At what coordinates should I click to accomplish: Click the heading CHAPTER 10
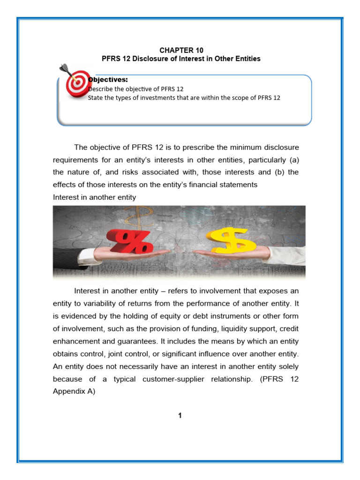click(x=181, y=50)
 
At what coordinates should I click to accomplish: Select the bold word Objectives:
click(x=108, y=80)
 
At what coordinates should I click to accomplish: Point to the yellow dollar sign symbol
click(x=232, y=239)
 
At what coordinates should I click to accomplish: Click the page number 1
click(x=180, y=415)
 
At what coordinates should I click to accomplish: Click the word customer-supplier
click(x=172, y=379)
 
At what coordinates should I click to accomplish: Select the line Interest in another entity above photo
click(x=95, y=197)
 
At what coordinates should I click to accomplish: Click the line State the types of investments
click(x=184, y=97)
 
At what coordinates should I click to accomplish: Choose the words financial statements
click(x=227, y=185)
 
